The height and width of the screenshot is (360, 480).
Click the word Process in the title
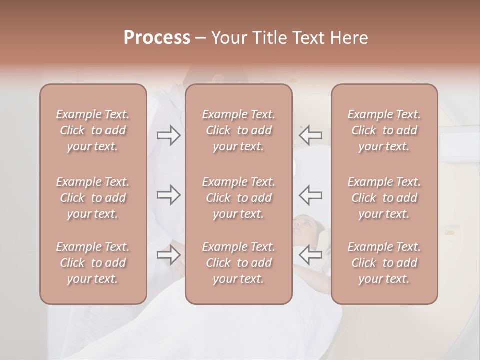(x=157, y=38)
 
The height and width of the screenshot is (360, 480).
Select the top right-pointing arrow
(x=169, y=135)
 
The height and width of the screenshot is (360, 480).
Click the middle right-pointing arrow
(x=169, y=195)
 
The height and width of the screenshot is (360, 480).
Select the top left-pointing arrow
(x=311, y=135)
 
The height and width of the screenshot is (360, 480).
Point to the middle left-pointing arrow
(x=311, y=195)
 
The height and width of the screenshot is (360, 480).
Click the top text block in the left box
(x=93, y=130)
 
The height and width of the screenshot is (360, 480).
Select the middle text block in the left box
(x=93, y=198)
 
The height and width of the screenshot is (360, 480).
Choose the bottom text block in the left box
(x=93, y=263)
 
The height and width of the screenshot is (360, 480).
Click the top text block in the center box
(x=239, y=130)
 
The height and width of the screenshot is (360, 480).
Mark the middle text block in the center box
(x=239, y=198)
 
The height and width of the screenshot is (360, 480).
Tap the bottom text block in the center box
(x=239, y=263)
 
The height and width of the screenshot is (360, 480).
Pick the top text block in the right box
(x=384, y=130)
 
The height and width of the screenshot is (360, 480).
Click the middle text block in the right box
(x=384, y=198)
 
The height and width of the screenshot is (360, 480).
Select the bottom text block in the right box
(x=384, y=263)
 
